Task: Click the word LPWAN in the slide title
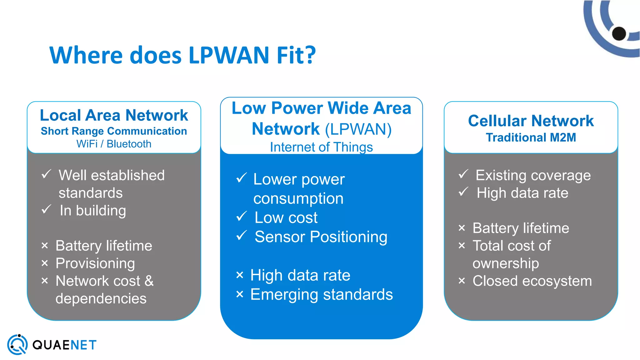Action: [229, 55]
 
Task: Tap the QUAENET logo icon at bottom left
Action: [17, 345]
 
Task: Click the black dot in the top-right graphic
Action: [619, 33]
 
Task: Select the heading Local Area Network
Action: [114, 115]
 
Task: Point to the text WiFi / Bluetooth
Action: [114, 144]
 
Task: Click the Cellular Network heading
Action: [531, 121]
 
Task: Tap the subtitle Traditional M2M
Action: [531, 137]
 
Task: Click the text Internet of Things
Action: [321, 147]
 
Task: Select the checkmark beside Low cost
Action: [242, 216]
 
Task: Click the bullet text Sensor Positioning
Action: [321, 237]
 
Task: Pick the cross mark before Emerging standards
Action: [240, 294]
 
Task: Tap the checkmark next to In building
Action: [46, 209]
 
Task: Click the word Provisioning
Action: [95, 263]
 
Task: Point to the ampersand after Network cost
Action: [149, 281]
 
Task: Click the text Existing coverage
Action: [533, 175]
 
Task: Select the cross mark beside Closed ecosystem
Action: [462, 281]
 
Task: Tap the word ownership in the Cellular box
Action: [506, 263]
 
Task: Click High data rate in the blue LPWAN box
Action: [300, 275]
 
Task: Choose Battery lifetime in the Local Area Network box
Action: [104, 246]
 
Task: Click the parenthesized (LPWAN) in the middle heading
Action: [358, 129]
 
